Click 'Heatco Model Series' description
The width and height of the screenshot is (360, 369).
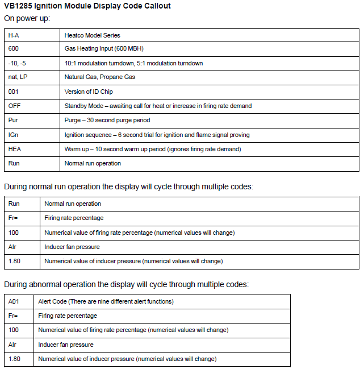[93, 35]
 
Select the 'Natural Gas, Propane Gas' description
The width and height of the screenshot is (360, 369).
[100, 77]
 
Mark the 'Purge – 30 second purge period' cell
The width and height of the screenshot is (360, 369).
[107, 120]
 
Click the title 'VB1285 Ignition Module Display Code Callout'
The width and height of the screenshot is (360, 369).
[87, 6]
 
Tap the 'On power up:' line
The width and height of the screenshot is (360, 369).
[27, 18]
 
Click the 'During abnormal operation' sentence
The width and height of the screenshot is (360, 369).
[126, 284]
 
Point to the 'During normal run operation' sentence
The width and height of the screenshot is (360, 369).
[128, 186]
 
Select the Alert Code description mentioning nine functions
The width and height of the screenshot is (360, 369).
[106, 301]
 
